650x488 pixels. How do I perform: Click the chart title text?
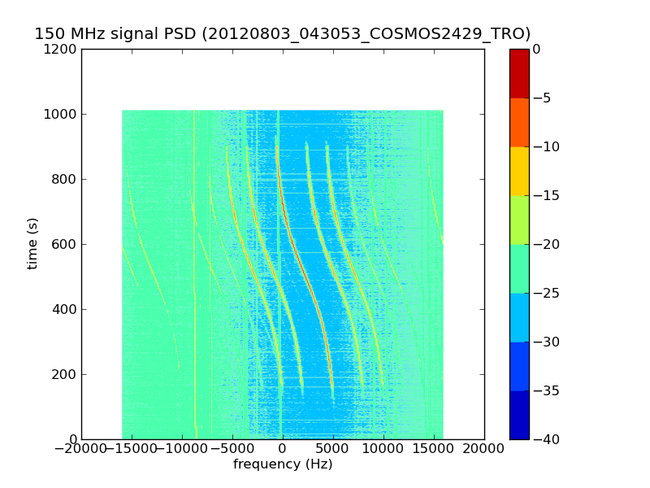(x=282, y=34)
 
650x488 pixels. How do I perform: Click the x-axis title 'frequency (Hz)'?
(x=283, y=464)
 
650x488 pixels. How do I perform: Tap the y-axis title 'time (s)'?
(x=32, y=243)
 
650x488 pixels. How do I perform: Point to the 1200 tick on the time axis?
(x=63, y=50)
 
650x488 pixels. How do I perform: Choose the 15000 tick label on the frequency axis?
(x=434, y=449)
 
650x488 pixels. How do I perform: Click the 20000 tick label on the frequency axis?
(x=484, y=449)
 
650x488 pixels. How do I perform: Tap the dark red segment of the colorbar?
(x=519, y=73)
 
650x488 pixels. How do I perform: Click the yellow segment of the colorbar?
(x=519, y=171)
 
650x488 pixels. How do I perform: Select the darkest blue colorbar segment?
(x=519, y=415)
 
